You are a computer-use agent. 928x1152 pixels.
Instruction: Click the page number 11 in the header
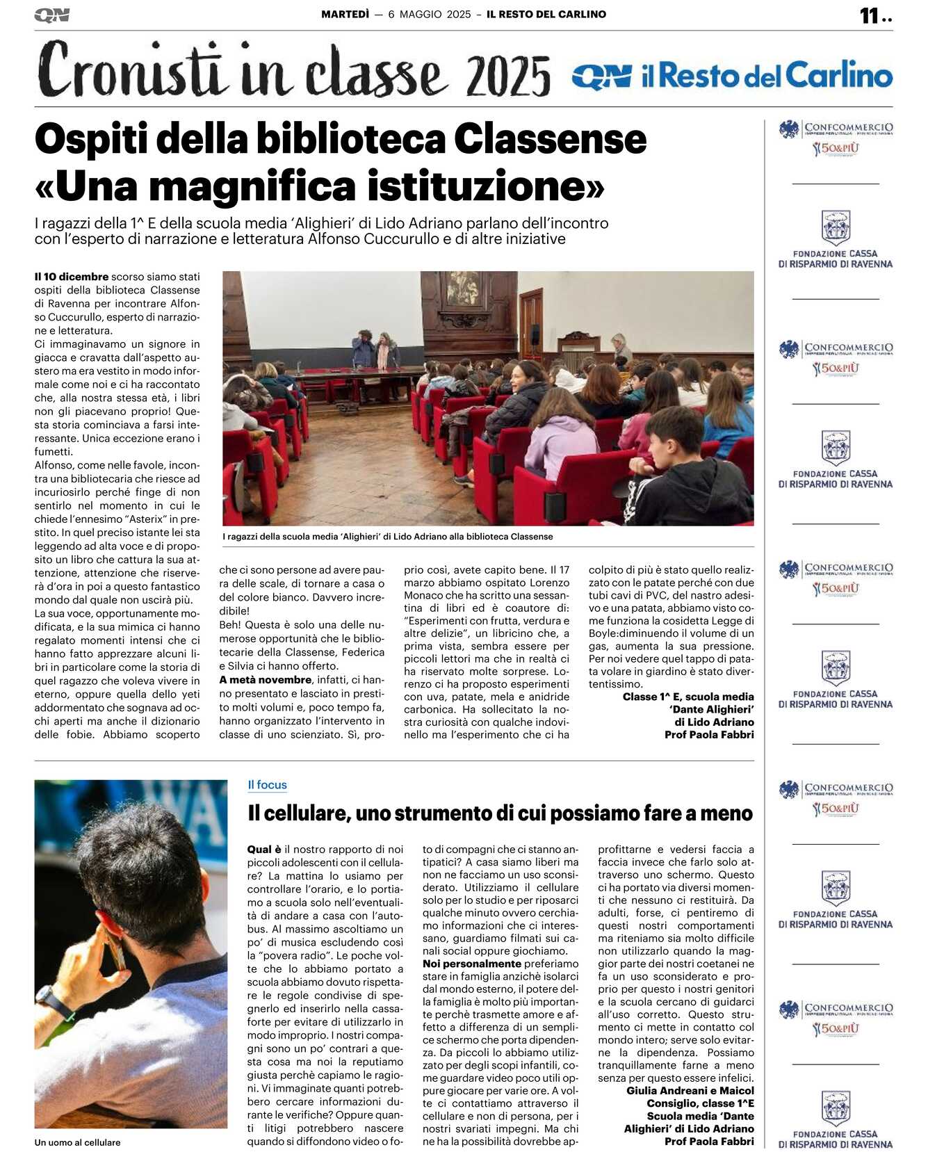point(869,16)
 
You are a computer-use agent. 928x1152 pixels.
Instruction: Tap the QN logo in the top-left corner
point(51,15)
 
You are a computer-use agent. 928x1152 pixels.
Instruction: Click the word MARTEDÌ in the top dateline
point(345,14)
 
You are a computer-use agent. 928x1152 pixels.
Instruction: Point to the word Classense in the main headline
point(550,139)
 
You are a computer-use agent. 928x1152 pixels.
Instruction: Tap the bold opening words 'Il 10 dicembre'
point(72,277)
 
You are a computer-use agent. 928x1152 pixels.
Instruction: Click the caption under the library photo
point(387,537)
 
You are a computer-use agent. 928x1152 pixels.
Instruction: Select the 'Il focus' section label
point(267,785)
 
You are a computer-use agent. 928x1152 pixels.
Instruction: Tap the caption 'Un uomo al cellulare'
point(77,1142)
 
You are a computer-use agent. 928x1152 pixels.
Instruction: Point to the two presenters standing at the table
point(375,348)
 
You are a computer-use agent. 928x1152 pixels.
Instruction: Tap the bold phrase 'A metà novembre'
point(265,680)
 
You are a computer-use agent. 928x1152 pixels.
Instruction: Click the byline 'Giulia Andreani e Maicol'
point(690,1091)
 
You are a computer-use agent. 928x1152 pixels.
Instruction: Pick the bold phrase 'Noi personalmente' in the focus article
point(472,964)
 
